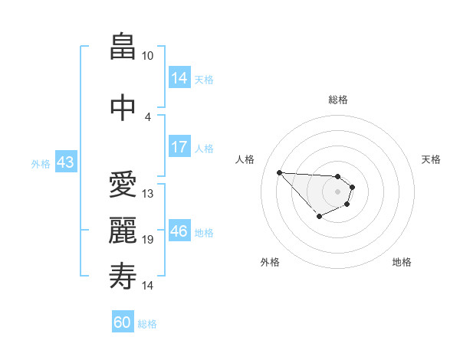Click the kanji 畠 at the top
123,47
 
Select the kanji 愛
123,185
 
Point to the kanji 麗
123,231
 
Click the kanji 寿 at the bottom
123,277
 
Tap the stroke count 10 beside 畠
148,56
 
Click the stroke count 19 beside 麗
148,240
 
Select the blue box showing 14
179,78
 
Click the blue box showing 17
179,147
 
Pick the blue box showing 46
179,231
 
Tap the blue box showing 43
65,162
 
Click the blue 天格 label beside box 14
204,79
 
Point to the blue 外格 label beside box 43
41,163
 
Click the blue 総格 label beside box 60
147,324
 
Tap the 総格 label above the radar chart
338,100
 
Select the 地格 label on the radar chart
402,262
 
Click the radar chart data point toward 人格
279,172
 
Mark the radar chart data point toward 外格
319,218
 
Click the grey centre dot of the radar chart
338,191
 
